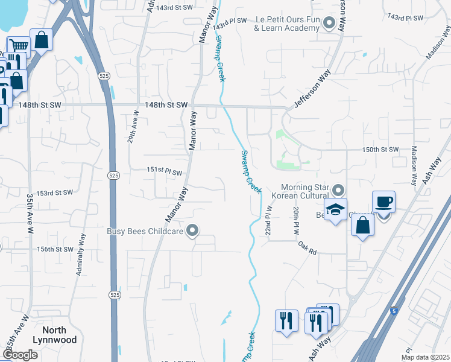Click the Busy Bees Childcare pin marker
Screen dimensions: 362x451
point(193,230)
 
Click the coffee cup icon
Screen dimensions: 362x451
point(383,202)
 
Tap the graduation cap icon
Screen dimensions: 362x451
point(336,210)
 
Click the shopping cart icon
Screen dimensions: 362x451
point(19,45)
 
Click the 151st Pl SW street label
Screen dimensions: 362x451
point(164,172)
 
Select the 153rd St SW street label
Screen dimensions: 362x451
point(54,193)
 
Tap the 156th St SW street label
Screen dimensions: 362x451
point(54,249)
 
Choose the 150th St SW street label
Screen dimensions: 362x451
point(380,149)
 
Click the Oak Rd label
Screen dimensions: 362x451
point(307,247)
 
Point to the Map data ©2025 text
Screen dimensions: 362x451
point(427,357)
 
